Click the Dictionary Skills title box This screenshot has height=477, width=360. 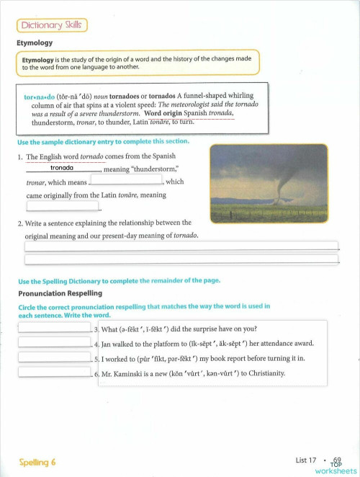click(x=52, y=26)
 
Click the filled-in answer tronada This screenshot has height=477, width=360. click(x=63, y=169)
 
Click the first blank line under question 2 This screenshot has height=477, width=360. click(x=181, y=246)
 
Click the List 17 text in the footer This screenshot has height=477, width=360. click(x=306, y=459)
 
